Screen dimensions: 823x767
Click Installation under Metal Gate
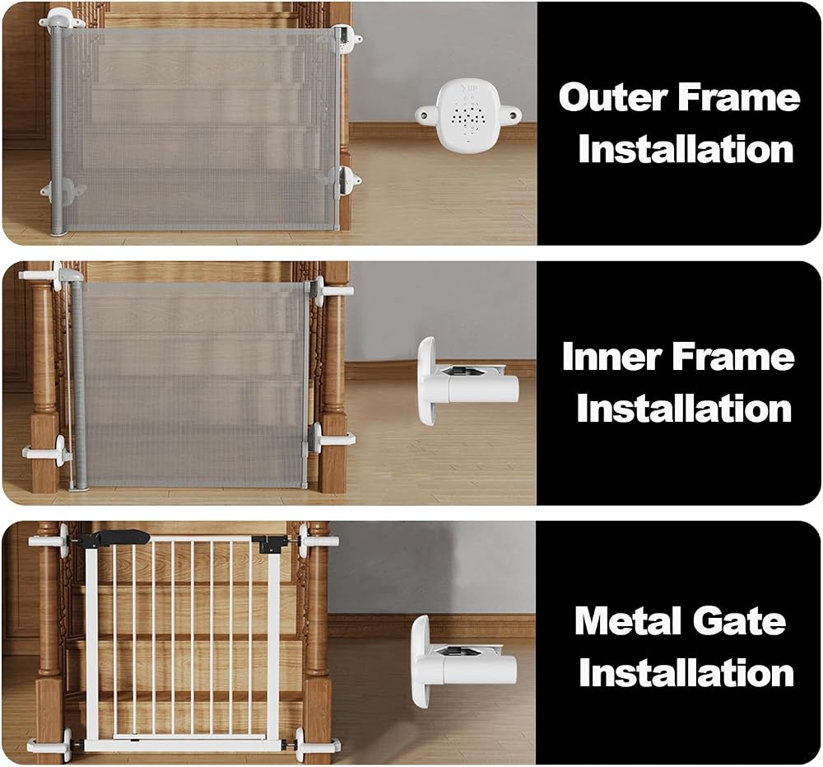point(686,672)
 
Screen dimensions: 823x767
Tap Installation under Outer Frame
point(686,149)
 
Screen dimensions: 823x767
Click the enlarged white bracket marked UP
point(468,112)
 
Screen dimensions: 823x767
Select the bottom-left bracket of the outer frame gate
point(63,190)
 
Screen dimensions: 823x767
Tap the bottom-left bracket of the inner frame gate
point(47,451)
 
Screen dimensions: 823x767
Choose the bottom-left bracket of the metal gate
point(53,745)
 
